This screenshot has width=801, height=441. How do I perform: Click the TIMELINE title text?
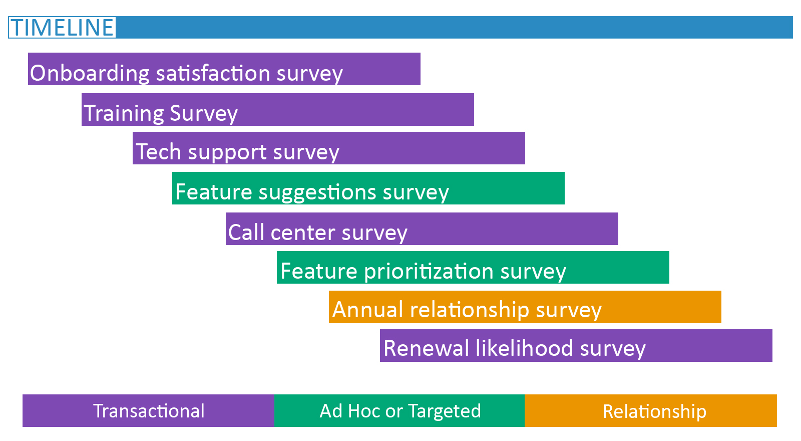[x=62, y=28]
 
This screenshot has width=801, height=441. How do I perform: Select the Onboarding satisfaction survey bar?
[x=224, y=69]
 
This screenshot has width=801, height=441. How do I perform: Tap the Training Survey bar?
[x=278, y=110]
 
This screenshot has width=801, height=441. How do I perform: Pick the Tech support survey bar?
[x=329, y=148]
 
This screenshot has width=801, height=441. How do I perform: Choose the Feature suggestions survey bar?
[x=368, y=188]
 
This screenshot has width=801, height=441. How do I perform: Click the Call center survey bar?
[x=422, y=229]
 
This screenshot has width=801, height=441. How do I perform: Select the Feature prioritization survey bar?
[x=473, y=268]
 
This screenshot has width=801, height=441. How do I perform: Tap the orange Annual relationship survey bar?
[x=525, y=307]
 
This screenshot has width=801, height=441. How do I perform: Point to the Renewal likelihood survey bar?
[x=576, y=345]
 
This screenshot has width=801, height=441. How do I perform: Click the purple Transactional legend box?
[x=148, y=410]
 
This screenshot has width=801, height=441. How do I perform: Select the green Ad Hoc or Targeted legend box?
[x=399, y=410]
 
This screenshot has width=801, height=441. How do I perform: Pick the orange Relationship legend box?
[x=651, y=410]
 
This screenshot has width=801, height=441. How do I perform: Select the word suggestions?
[x=317, y=193]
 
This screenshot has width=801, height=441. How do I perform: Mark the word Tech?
[x=159, y=152]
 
